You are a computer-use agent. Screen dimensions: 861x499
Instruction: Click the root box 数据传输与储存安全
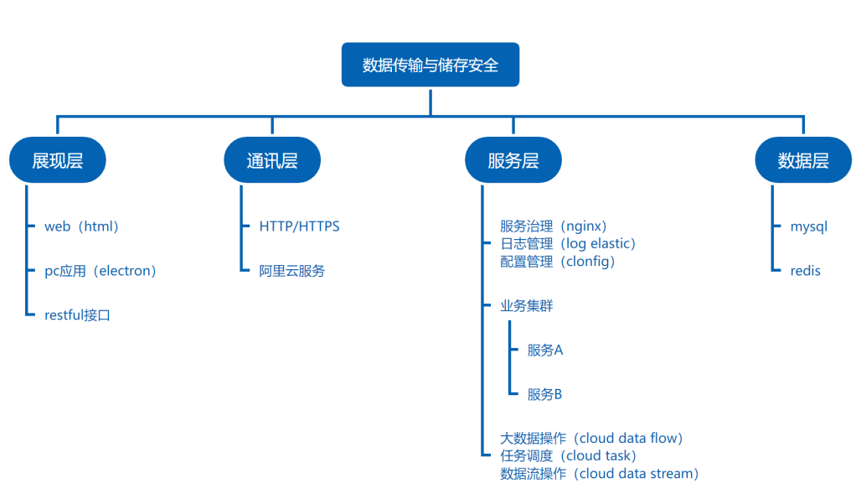pos(430,65)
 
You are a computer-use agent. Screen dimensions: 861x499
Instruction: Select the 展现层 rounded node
pos(58,160)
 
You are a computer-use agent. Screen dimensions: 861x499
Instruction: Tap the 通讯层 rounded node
pos(272,160)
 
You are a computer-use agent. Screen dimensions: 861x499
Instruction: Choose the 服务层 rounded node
pos(513,160)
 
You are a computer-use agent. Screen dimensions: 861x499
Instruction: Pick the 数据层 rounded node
pos(803,160)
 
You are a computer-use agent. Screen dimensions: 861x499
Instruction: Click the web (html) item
pos(81,226)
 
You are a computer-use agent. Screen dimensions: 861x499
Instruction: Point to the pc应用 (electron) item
pos(101,271)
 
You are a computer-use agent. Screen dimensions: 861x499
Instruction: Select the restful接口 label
pos(77,314)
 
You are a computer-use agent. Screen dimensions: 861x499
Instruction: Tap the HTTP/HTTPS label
pos(299,226)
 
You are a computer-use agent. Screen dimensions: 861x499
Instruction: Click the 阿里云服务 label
pos(292,271)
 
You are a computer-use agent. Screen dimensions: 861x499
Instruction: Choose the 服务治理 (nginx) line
pos(554,226)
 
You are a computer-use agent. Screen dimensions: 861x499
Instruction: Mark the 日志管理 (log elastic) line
pos(568,243)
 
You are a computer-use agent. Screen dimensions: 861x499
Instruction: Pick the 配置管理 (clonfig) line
pos(557,261)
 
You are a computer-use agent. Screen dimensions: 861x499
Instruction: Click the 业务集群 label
pos(527,305)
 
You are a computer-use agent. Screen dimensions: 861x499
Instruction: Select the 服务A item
pos(545,350)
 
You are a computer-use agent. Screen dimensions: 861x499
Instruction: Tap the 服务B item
pos(544,394)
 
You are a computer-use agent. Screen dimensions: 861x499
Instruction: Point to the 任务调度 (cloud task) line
pos(569,455)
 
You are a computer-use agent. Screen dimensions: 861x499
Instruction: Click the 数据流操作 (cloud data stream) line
pos(600,473)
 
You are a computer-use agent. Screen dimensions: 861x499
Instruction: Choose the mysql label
pos(809,227)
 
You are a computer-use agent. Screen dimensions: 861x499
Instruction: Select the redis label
pos(806,271)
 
